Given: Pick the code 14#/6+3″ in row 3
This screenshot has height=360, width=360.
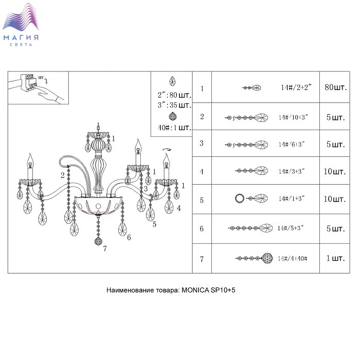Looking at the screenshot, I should pyautogui.click(x=291, y=145).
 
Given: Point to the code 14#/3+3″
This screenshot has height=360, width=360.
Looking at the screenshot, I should pyautogui.click(x=291, y=170).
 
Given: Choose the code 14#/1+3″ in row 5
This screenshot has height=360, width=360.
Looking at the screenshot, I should pyautogui.click(x=291, y=198).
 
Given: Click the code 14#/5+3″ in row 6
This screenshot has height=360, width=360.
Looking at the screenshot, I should pyautogui.click(x=291, y=227).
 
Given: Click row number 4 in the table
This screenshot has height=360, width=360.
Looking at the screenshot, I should pyautogui.click(x=202, y=170).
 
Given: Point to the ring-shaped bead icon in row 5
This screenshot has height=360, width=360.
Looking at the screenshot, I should pyautogui.click(x=240, y=198).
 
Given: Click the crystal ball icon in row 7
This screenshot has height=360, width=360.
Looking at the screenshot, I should pyautogui.click(x=267, y=258).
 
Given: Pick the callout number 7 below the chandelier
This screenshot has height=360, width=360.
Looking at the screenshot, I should pyautogui.click(x=104, y=249).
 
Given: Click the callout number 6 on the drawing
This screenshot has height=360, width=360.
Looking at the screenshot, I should pyautogui.click(x=129, y=237).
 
